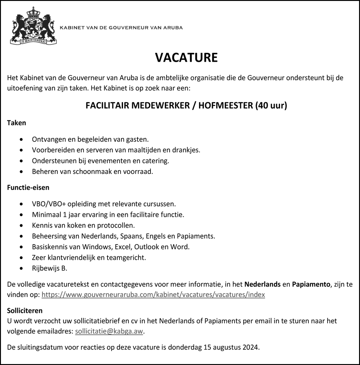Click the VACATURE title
[186, 57]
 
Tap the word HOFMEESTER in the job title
[226, 106]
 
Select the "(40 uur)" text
[271, 106]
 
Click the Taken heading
[16, 123]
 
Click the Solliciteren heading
[25, 310]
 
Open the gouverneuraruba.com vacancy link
[153, 295]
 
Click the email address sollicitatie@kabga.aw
[109, 331]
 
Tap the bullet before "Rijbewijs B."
[21, 268]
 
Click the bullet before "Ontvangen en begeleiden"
[21, 139]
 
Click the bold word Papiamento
[311, 284]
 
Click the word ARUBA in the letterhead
[175, 28]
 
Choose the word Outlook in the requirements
[146, 247]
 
